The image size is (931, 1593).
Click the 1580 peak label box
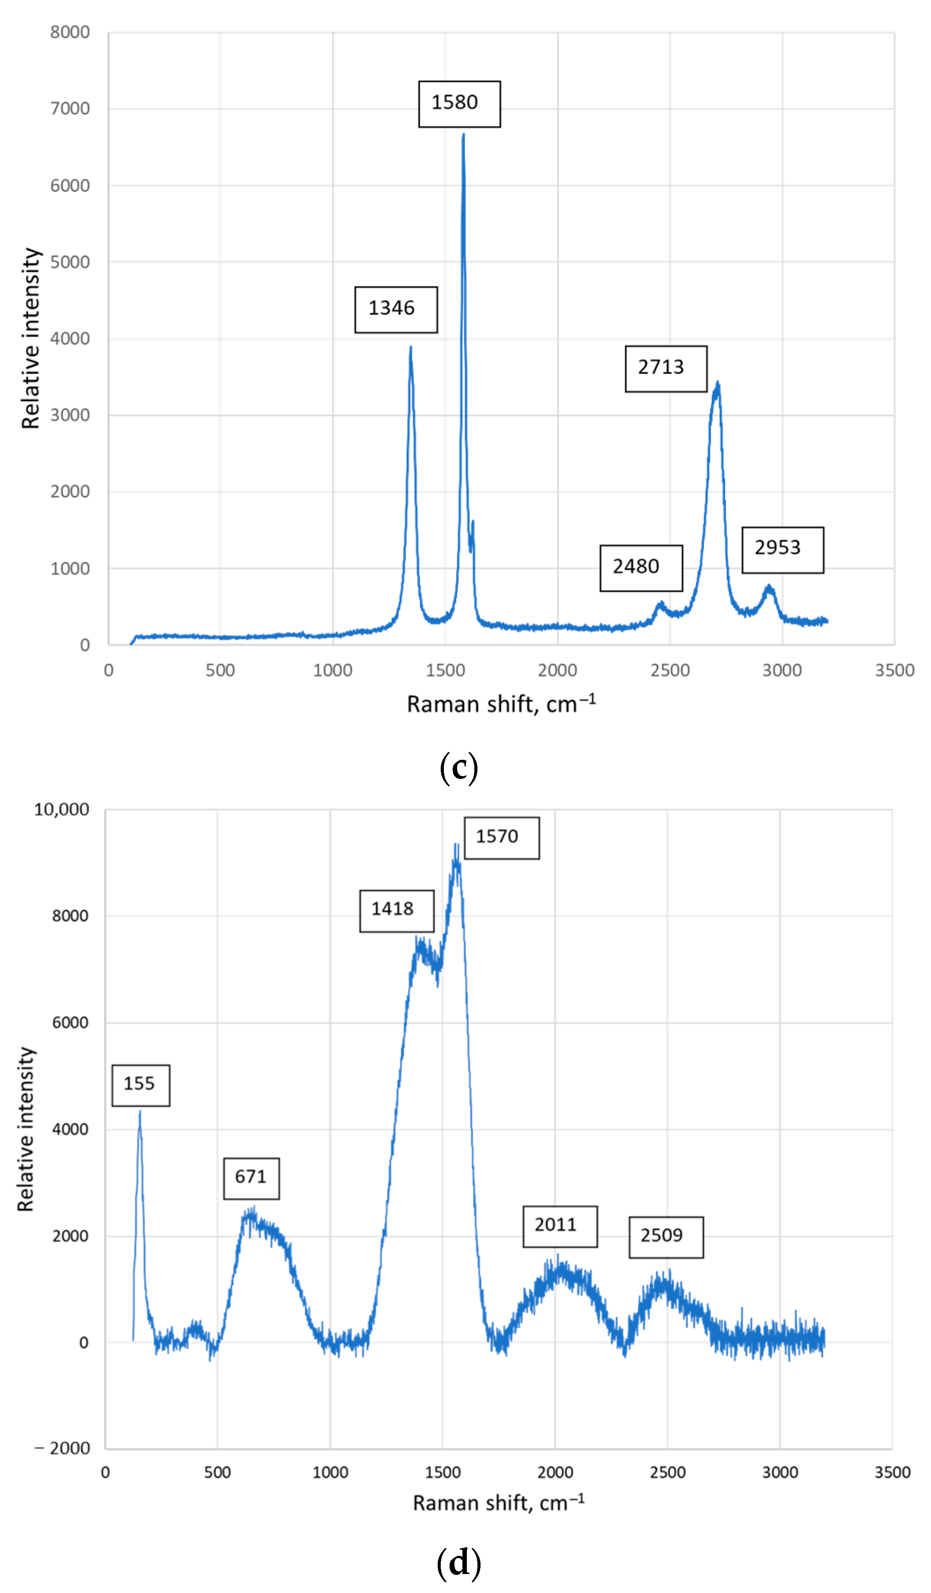point(459,104)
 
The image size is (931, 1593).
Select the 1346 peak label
point(396,310)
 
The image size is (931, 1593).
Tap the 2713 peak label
point(666,368)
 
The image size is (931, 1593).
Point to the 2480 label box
point(641,568)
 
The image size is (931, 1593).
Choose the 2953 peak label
point(782,549)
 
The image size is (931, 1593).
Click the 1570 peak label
point(502,838)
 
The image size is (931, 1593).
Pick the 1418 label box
point(397,910)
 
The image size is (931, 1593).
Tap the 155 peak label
point(141,1085)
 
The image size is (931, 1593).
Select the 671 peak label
point(251,1178)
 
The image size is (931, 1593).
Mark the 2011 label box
point(560,1226)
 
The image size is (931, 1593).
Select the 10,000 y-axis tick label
point(61,809)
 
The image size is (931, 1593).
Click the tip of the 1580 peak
point(464,134)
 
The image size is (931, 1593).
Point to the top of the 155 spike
point(140,1112)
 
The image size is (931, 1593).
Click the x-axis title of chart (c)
point(501,704)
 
